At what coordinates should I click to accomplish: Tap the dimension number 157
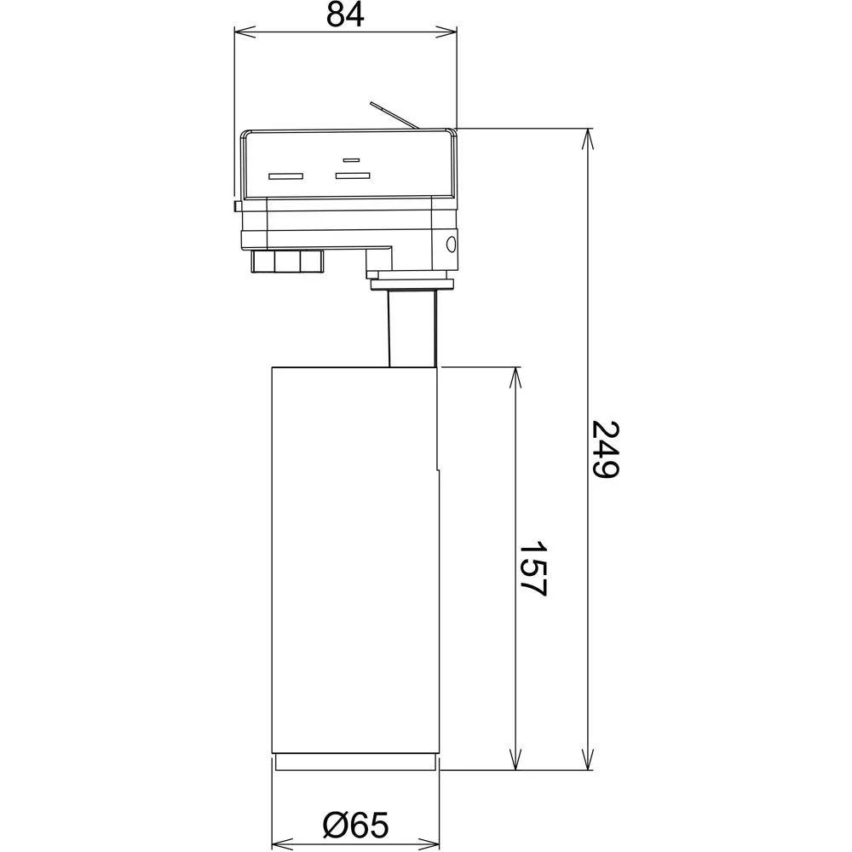(533, 568)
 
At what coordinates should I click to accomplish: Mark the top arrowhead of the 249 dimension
(587, 137)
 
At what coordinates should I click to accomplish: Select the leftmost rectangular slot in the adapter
(285, 177)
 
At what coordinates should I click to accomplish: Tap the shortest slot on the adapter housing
(350, 160)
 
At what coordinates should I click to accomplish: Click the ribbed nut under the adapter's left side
(288, 261)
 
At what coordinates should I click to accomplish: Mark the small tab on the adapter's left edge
(235, 205)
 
